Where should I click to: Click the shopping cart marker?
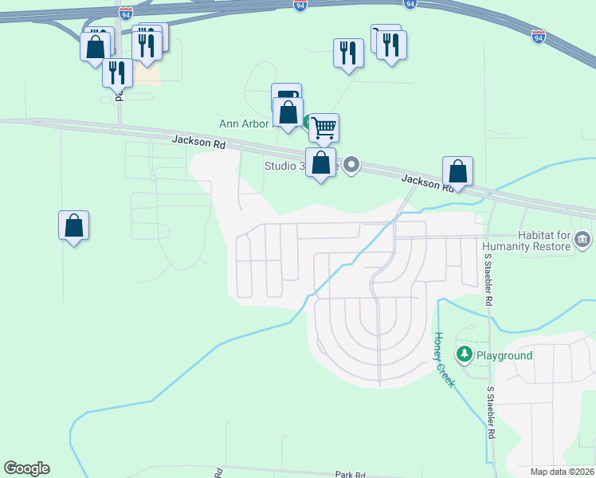323,127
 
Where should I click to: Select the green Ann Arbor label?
247,123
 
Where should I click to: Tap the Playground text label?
504,355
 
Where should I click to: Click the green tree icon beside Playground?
464,353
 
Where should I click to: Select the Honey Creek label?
443,358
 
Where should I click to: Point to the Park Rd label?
350,474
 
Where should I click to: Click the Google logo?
26,468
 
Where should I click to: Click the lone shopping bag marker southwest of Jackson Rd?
73,225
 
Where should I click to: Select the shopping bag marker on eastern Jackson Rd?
457,171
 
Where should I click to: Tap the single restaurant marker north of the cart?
348,53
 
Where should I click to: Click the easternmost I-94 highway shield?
539,36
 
